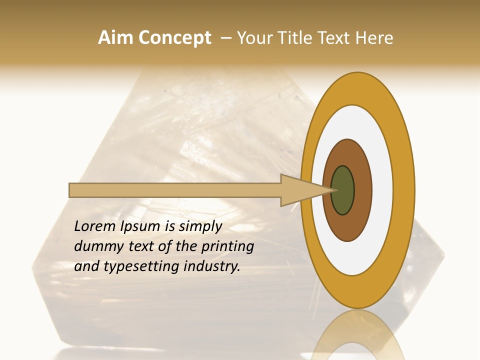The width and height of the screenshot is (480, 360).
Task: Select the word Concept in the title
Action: click(175, 38)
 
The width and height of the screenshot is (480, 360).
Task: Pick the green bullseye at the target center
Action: click(343, 190)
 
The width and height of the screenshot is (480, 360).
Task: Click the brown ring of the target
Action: click(362, 190)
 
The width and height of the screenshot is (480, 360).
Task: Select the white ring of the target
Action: click(382, 190)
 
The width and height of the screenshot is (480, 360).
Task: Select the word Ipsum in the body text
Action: click(140, 227)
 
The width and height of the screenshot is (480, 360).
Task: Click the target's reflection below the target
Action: click(358, 335)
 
